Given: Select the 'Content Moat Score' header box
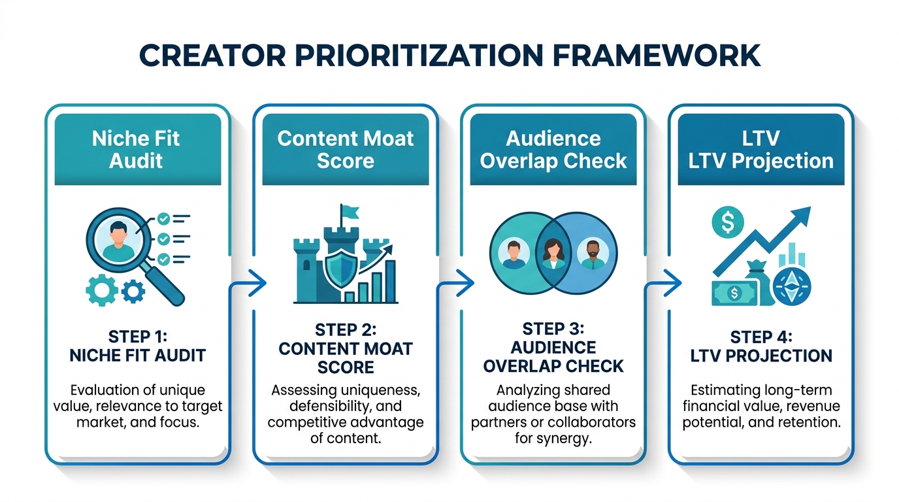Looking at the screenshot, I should point(345,149).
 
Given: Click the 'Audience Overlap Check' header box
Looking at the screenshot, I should point(553,149).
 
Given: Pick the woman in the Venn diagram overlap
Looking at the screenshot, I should point(553,252).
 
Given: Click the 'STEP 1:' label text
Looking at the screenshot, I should point(137,337).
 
